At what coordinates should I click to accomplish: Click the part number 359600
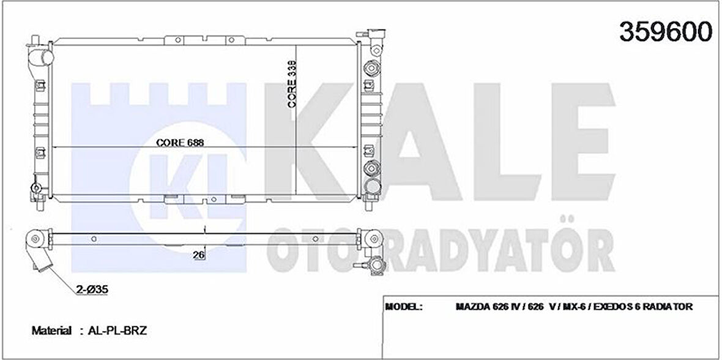tap(666, 32)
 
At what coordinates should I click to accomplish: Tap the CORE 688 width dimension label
tap(179, 142)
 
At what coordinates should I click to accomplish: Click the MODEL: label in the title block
tap(404, 307)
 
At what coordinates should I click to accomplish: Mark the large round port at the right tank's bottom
tap(371, 187)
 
